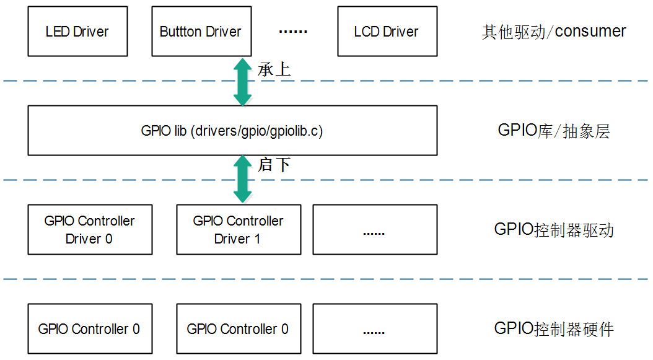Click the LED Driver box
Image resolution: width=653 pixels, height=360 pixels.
[77, 32]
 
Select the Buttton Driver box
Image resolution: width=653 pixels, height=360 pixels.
[201, 32]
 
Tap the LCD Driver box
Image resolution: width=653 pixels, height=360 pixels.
[387, 32]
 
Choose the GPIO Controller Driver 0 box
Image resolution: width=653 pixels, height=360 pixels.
[90, 230]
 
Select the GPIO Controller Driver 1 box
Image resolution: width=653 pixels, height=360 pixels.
[238, 230]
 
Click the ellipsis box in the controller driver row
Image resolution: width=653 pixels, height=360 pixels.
[374, 230]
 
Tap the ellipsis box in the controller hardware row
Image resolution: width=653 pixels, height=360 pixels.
[374, 329]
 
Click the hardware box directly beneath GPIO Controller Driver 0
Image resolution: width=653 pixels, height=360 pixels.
[90, 329]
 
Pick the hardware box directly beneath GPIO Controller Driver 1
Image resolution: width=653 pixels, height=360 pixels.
[238, 329]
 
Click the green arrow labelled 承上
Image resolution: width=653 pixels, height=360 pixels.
[242, 81]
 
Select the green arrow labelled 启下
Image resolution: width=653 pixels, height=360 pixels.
[242, 179]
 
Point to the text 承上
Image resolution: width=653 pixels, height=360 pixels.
[274, 69]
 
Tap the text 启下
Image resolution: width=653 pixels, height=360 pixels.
[274, 165]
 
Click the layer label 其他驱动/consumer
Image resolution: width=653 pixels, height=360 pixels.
[553, 32]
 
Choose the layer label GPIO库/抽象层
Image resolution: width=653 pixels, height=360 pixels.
[553, 131]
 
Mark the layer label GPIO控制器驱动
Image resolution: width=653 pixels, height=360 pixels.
[553, 230]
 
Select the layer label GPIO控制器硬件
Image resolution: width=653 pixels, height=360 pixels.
[553, 329]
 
